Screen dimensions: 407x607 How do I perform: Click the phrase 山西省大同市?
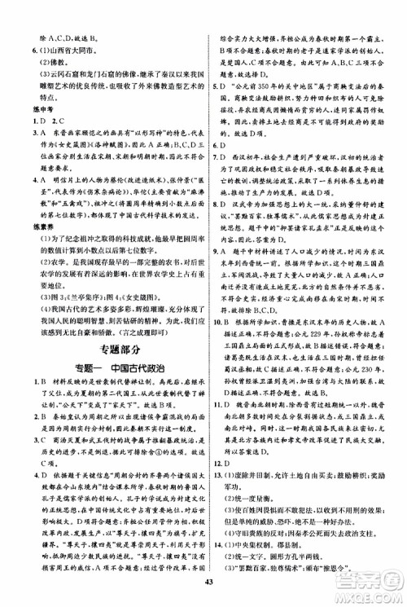coord(59,51)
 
